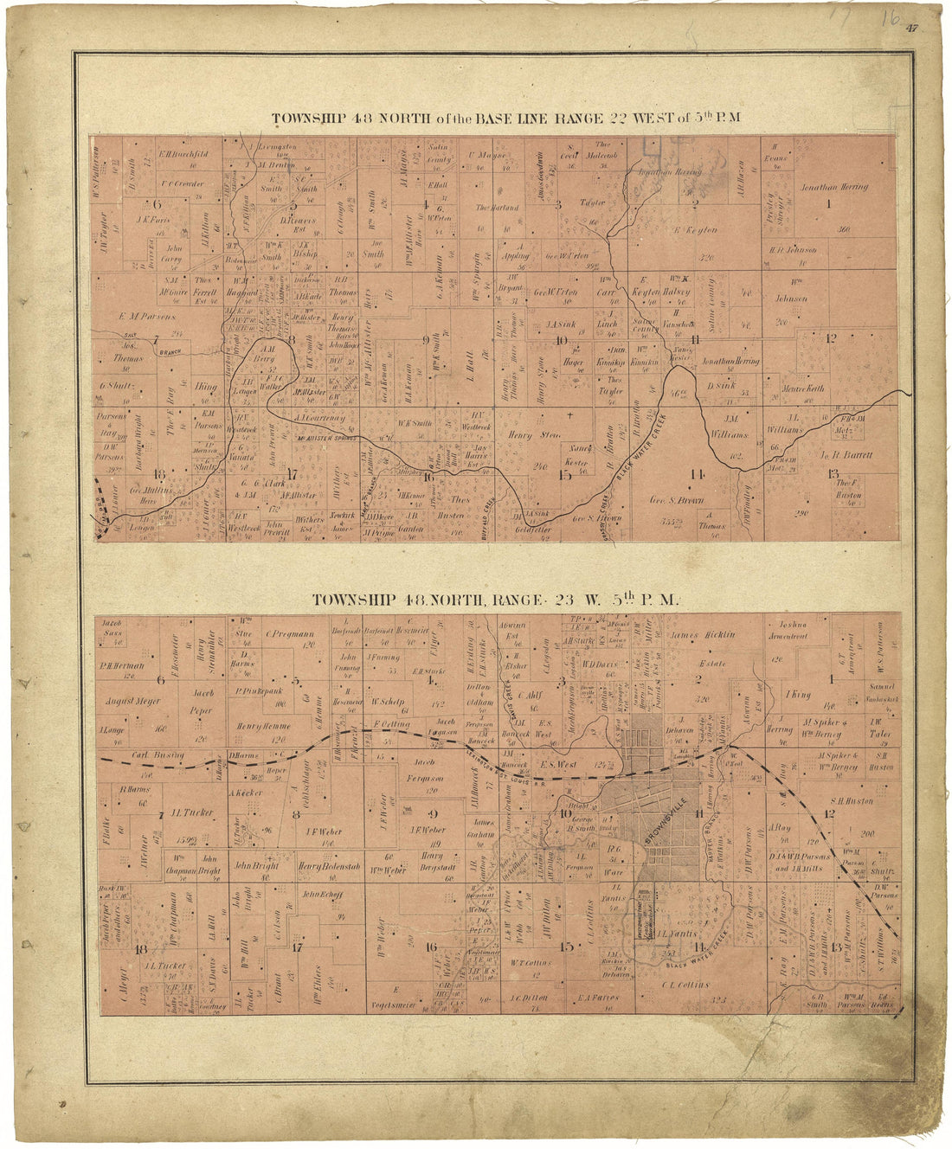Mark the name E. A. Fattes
(598, 998)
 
